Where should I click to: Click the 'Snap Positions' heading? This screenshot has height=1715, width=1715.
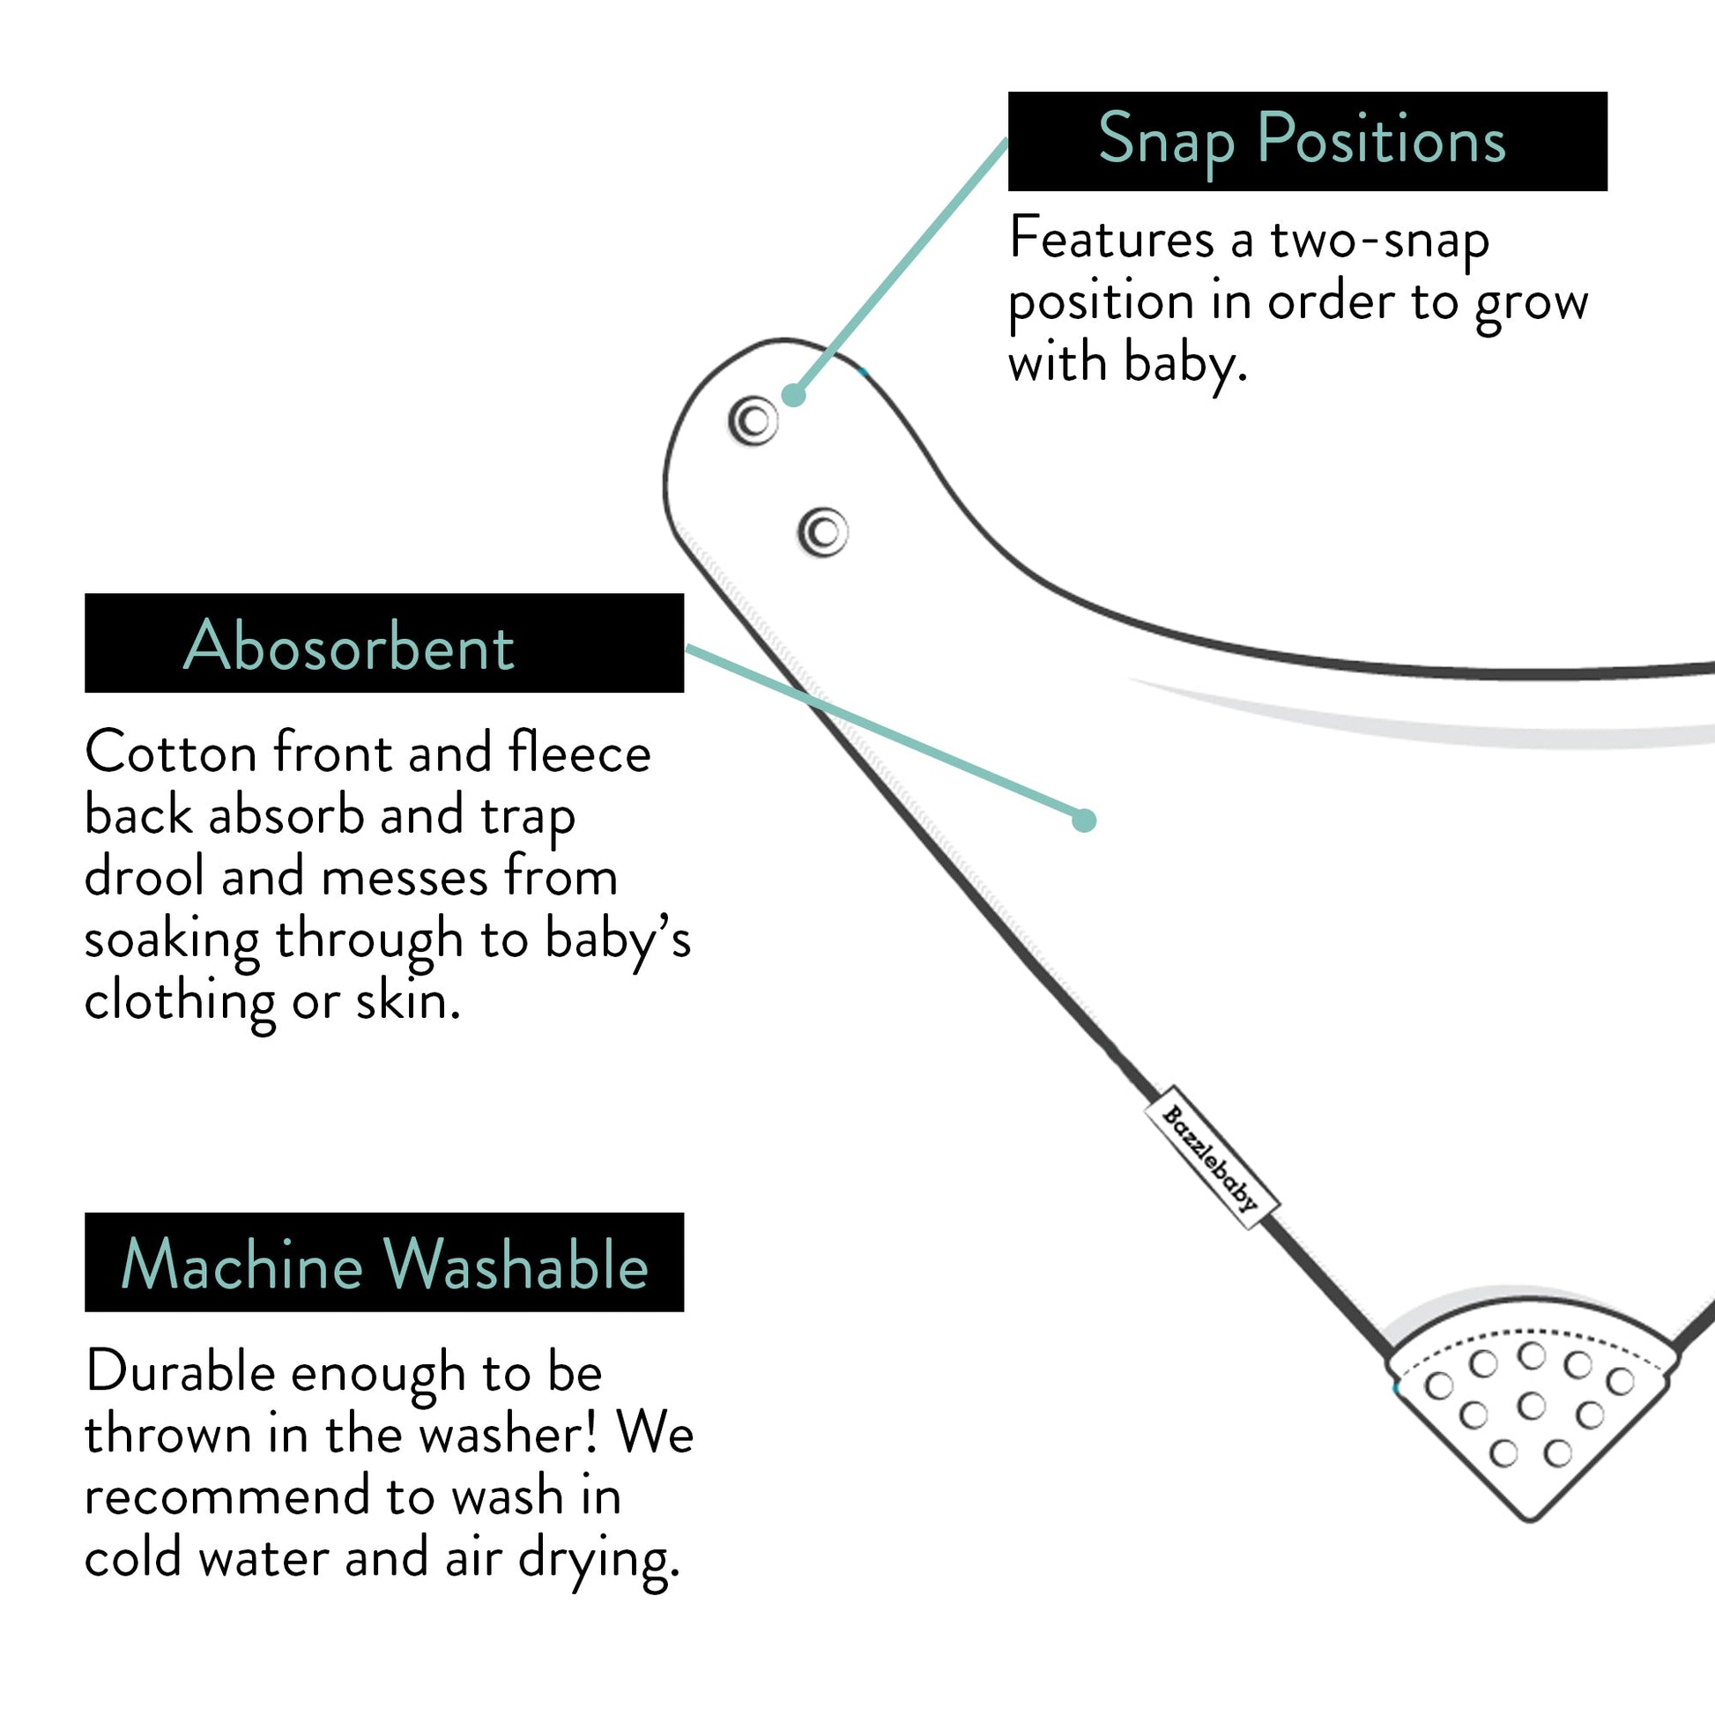1302,140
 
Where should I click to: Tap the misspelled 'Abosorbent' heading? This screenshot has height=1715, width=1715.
348,645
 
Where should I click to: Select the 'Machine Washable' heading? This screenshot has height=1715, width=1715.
384,1264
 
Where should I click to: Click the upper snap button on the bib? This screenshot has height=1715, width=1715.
754,420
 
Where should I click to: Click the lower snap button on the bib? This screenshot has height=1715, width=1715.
824,532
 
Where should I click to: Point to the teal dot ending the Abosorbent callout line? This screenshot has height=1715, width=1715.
1084,820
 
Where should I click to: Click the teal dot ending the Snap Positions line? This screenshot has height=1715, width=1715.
793,395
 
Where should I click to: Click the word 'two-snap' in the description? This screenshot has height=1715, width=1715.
1379,240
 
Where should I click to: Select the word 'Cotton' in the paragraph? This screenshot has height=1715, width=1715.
170,753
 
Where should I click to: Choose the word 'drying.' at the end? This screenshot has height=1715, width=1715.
599,1559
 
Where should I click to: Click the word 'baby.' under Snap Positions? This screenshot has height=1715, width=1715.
1186,364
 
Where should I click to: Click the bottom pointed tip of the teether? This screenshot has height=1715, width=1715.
1529,1518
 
